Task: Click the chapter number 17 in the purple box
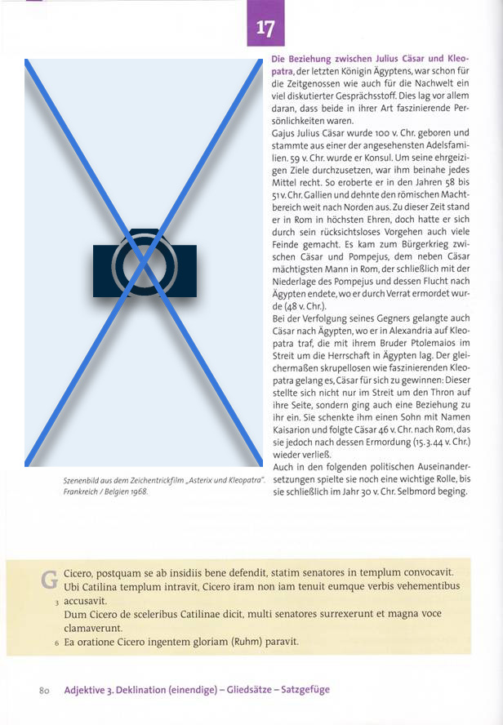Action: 265,29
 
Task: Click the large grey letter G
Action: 50,580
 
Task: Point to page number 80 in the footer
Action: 46,690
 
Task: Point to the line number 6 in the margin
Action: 56,643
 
